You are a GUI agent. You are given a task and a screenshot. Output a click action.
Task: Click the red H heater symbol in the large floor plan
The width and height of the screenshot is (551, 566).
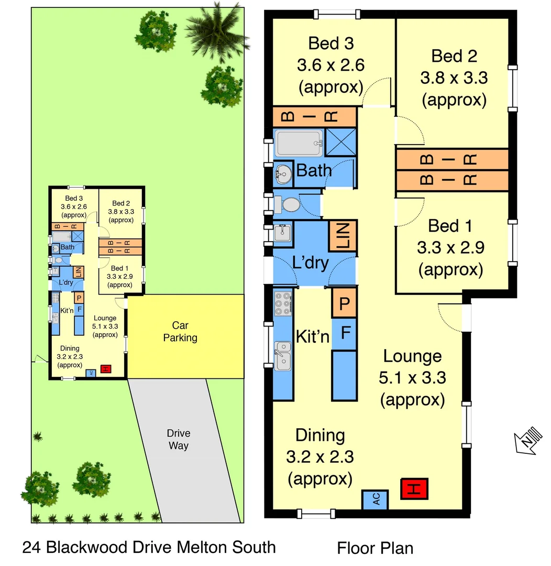pyautogui.click(x=414, y=489)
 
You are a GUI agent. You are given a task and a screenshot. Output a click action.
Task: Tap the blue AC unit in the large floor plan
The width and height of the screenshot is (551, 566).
pyautogui.click(x=376, y=499)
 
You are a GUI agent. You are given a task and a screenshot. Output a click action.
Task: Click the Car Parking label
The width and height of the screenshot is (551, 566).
pyautogui.click(x=180, y=332)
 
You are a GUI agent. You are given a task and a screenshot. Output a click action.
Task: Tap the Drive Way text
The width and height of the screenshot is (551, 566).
pyautogui.click(x=178, y=440)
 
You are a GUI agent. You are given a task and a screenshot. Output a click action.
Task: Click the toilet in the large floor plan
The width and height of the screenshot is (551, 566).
pyautogui.click(x=286, y=204)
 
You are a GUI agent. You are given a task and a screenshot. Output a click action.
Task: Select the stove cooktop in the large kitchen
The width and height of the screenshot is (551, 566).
pyautogui.click(x=283, y=303)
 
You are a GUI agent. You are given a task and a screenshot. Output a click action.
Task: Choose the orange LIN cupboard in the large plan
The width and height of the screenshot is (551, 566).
pyautogui.click(x=343, y=236)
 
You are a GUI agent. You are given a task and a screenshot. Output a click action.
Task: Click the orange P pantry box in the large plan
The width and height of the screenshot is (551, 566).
pyautogui.click(x=344, y=303)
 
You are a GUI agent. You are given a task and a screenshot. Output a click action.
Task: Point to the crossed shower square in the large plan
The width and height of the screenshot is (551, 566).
pyautogui.click(x=341, y=141)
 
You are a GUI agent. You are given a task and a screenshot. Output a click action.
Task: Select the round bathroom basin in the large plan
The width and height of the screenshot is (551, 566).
pyautogui.click(x=283, y=173)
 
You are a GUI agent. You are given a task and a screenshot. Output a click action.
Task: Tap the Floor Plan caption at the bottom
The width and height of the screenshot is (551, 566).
pyautogui.click(x=374, y=548)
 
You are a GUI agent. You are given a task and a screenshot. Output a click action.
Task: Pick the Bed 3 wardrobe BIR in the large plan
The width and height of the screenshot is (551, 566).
pyautogui.click(x=314, y=116)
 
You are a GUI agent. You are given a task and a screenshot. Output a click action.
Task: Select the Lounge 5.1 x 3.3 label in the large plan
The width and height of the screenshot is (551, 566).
pyautogui.click(x=412, y=377)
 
